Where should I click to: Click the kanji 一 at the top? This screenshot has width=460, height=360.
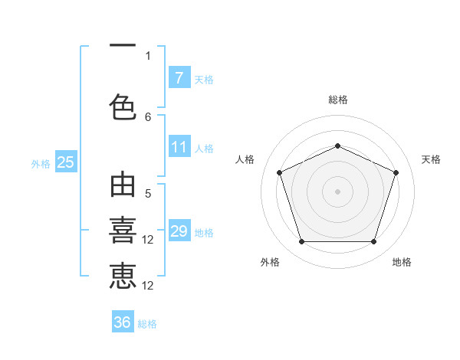[123, 46]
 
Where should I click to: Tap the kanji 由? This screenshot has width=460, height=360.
[123, 187]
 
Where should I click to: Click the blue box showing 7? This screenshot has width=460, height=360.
[179, 78]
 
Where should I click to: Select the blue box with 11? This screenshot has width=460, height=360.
[179, 148]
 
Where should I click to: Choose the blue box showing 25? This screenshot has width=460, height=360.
[65, 162]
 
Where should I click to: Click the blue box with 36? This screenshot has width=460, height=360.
[123, 322]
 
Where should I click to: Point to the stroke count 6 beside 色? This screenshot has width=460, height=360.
[148, 116]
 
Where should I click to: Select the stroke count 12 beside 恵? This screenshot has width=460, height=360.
[149, 286]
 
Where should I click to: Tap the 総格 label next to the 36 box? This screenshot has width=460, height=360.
[147, 324]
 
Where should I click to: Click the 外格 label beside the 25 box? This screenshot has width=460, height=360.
[40, 163]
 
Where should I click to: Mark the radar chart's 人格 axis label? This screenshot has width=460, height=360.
[245, 159]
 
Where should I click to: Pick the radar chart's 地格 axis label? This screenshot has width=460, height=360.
[402, 263]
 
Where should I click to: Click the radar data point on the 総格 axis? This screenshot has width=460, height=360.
[337, 146]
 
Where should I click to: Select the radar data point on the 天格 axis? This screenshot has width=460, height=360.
[396, 172]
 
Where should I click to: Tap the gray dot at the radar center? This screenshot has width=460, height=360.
[337, 191]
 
